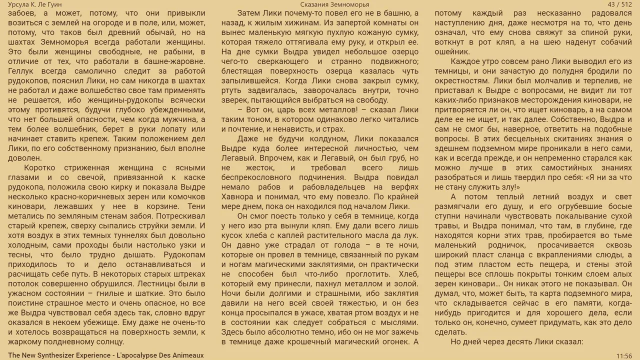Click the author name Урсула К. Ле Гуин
point(35,4)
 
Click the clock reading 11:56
point(624,355)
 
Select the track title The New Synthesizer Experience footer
point(106,355)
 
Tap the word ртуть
point(233,90)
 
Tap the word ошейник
point(452,51)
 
